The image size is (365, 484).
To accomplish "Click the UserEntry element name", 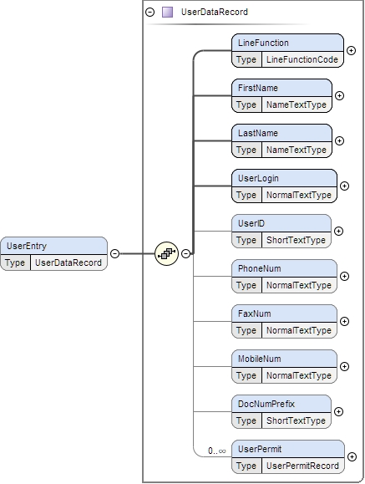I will click(x=28, y=246).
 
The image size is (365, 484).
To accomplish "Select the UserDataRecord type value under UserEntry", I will click(x=68, y=262).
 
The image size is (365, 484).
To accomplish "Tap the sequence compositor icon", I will click(x=166, y=253).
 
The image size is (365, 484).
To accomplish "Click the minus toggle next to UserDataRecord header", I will click(x=150, y=13).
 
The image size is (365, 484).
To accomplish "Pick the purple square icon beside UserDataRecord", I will click(x=167, y=13).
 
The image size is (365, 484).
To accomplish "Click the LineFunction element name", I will click(x=263, y=43).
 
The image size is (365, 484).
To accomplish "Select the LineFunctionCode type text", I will click(x=302, y=60).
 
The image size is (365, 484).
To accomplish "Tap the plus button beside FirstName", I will click(x=339, y=96).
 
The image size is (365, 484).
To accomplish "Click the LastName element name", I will click(x=258, y=133).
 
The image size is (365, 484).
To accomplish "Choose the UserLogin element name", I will click(x=258, y=178).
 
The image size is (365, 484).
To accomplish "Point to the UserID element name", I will click(x=251, y=223).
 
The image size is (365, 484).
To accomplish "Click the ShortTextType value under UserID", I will click(x=295, y=241).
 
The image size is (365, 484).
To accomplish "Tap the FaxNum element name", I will click(x=254, y=313).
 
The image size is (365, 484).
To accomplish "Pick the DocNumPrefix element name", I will click(x=266, y=404).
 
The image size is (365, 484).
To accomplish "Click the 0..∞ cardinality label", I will click(x=216, y=451).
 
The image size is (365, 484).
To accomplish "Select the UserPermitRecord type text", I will click(x=302, y=466).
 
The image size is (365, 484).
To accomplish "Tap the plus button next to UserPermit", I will click(x=351, y=457).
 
